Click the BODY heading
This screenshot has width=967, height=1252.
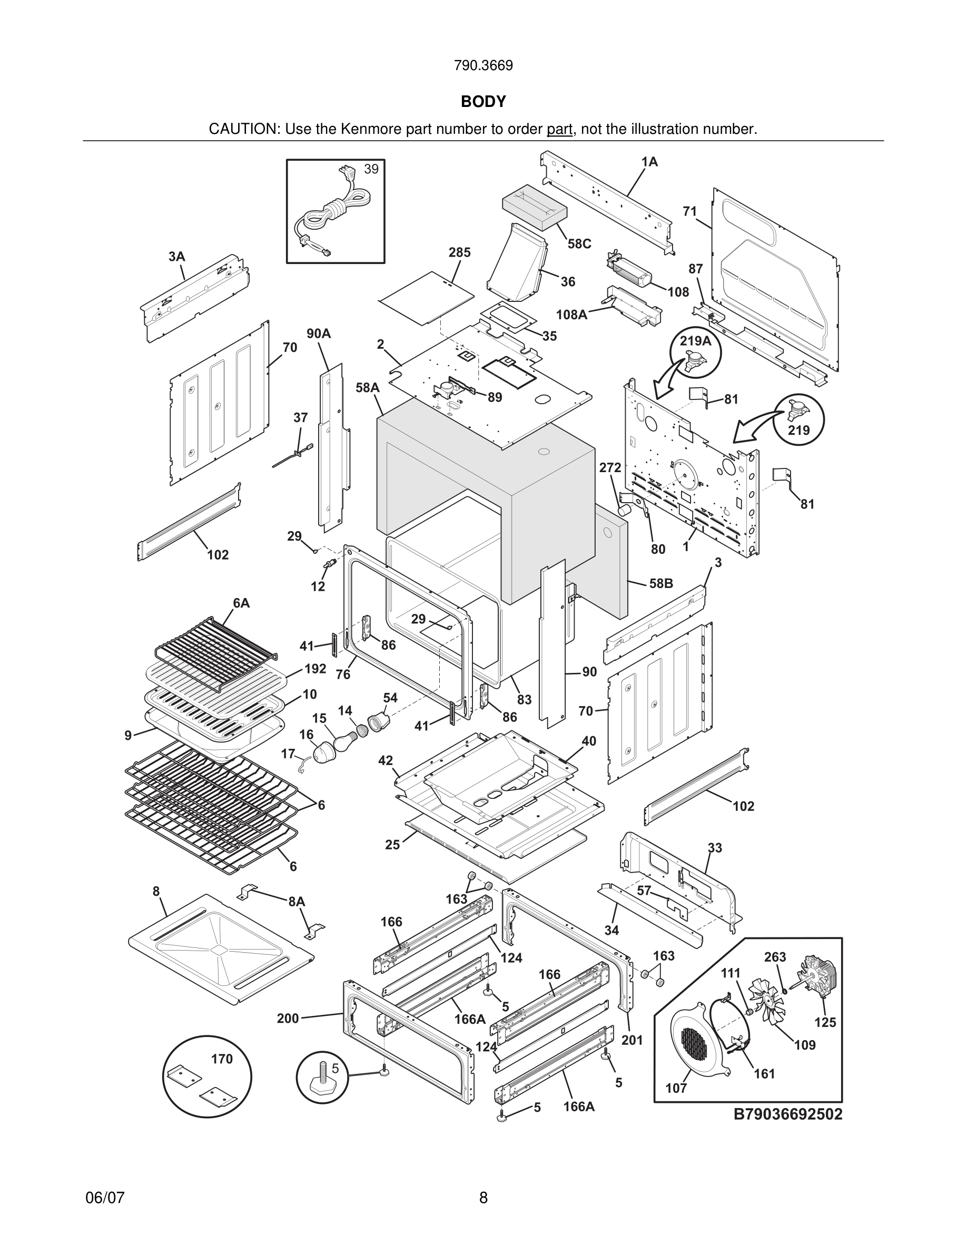click(x=483, y=102)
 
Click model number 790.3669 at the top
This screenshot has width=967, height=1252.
click(x=483, y=66)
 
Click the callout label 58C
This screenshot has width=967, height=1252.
click(x=579, y=243)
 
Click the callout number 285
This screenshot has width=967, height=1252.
click(x=459, y=252)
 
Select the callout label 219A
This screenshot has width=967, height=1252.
click(x=695, y=341)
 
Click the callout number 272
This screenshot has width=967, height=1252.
click(x=610, y=468)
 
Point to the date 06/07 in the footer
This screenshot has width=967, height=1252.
click(x=105, y=1198)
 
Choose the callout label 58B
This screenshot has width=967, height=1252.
click(x=661, y=583)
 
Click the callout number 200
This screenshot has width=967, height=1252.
click(x=288, y=1018)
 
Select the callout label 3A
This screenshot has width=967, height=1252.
click(x=176, y=256)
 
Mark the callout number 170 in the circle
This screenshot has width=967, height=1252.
click(x=222, y=1059)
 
